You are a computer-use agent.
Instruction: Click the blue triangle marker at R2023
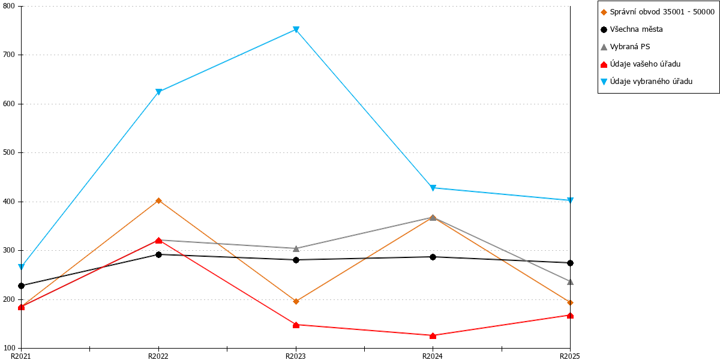(x=296, y=30)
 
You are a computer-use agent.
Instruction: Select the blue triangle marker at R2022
(x=158, y=92)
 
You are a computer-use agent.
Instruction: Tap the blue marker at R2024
(x=433, y=188)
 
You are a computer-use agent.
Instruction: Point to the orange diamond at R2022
(x=158, y=201)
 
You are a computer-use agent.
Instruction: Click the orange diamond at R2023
(x=296, y=301)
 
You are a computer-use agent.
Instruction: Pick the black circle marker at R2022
(x=158, y=255)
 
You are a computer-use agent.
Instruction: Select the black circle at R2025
(x=570, y=263)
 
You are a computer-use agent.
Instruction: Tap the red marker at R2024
(x=433, y=336)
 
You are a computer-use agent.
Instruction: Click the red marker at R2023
(x=296, y=325)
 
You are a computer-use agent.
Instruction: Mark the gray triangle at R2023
(x=296, y=249)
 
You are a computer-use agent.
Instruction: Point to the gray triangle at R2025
(x=570, y=282)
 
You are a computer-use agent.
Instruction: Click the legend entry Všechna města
(x=632, y=29)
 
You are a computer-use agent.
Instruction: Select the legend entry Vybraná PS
(x=625, y=47)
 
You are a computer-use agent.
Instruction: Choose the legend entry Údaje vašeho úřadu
(x=641, y=64)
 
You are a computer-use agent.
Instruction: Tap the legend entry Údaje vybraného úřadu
(x=647, y=82)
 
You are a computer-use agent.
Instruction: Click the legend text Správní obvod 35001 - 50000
(x=662, y=12)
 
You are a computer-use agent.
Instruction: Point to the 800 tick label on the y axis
(x=9, y=6)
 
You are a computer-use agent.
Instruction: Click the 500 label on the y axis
(x=9, y=152)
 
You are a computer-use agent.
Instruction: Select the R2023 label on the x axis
(x=296, y=356)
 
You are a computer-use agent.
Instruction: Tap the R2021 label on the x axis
(x=21, y=356)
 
